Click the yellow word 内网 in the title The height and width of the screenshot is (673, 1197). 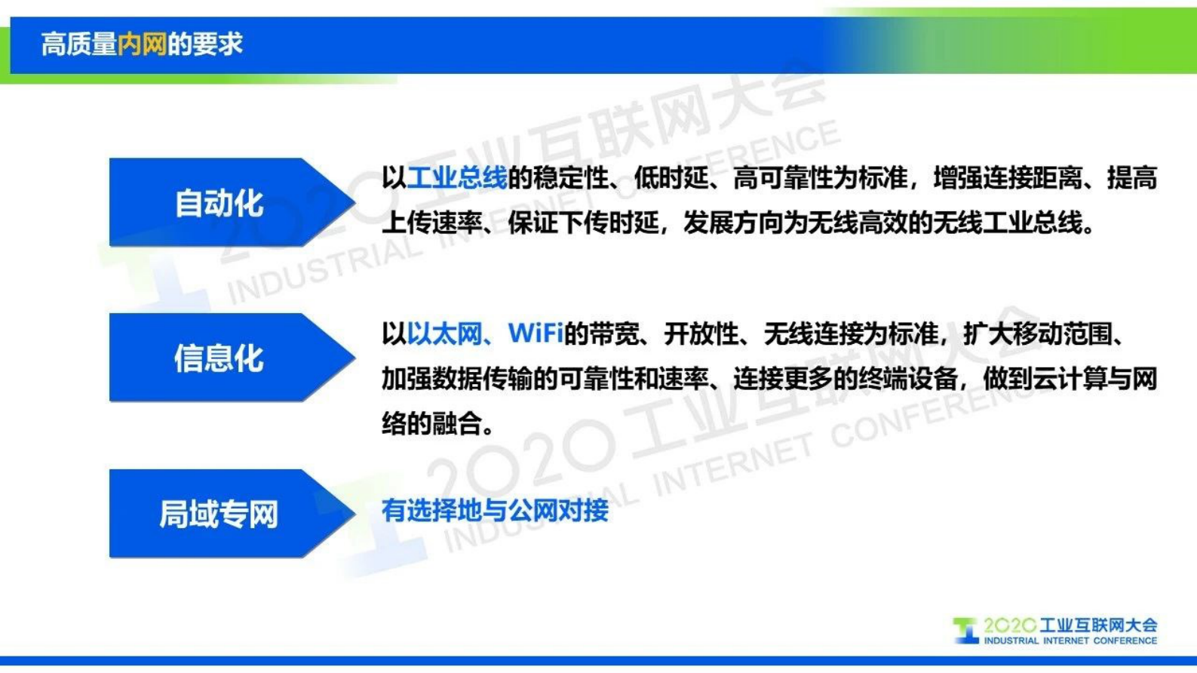tap(142, 45)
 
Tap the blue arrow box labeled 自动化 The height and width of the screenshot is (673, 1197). tap(219, 203)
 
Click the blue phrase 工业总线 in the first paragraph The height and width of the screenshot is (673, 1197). tap(457, 179)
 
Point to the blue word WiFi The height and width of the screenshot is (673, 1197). tap(536, 333)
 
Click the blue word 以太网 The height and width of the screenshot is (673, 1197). tap(444, 333)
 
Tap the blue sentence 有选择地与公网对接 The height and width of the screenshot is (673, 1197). tap(495, 511)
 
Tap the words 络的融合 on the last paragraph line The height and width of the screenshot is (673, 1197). tap(431, 424)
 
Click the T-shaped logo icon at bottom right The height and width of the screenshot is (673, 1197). tap(965, 630)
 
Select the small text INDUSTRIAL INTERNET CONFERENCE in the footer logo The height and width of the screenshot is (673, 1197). tap(1070, 641)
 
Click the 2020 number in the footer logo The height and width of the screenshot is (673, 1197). tap(1009, 625)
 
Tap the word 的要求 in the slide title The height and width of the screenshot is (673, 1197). tap(205, 45)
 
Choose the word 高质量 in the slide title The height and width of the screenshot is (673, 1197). tap(78, 45)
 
